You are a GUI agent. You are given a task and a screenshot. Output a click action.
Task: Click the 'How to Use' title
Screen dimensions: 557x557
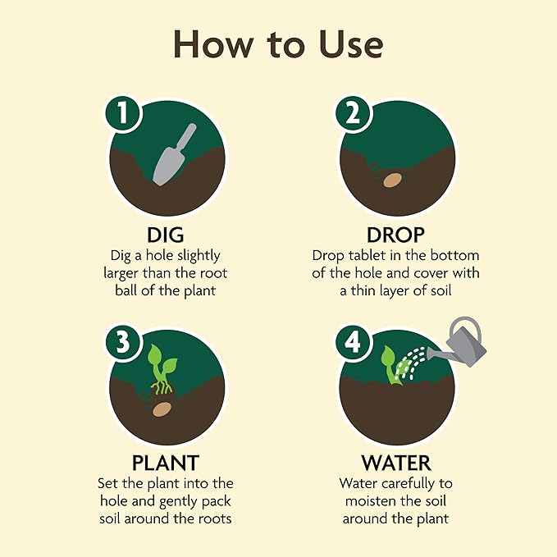tap(278, 44)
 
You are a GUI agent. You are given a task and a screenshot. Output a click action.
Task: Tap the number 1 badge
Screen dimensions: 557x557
tap(123, 113)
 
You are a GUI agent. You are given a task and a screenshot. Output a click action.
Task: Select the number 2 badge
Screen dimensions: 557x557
tap(353, 114)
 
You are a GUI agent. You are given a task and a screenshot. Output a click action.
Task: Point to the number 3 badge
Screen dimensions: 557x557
tap(123, 342)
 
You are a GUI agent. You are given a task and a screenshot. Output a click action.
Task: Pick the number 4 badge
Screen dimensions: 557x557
tap(353, 342)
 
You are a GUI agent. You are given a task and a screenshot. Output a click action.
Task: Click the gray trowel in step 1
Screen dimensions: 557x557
tap(174, 154)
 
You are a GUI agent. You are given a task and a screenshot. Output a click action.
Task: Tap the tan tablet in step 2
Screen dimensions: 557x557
tap(392, 180)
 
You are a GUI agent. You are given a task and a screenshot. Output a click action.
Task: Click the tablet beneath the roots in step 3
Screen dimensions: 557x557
tap(162, 409)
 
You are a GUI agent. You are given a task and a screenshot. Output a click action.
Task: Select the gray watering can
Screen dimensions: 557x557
tap(459, 342)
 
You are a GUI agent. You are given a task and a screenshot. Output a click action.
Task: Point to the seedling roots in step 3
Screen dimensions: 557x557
tap(162, 387)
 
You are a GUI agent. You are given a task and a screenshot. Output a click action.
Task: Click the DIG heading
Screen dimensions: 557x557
tap(166, 235)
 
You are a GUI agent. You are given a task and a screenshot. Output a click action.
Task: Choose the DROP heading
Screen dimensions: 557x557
tap(395, 235)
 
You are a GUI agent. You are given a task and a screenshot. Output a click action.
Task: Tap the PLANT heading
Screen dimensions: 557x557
tap(166, 463)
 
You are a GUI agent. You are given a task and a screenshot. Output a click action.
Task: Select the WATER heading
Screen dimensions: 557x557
tap(396, 463)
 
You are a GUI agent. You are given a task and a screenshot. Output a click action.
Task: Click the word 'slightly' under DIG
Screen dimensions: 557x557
tap(199, 256)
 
